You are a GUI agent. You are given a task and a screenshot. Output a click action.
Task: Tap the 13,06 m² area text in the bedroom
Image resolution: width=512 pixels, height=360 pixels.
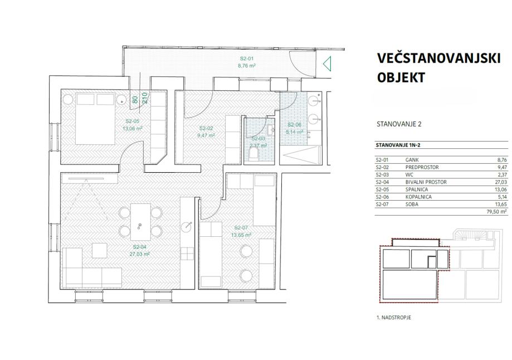click(x=133, y=128)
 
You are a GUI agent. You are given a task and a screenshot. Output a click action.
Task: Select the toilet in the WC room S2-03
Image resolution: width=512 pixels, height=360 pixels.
click(x=253, y=154)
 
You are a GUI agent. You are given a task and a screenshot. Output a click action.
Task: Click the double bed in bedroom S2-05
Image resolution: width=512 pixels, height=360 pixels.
click(x=95, y=119)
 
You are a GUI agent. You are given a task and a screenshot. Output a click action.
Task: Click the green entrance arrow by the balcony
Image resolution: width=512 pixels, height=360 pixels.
click(x=327, y=64)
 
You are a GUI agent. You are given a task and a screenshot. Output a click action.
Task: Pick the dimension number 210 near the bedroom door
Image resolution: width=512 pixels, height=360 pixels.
click(x=145, y=98)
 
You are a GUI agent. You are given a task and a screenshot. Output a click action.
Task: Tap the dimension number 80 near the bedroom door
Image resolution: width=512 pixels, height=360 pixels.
click(x=135, y=100)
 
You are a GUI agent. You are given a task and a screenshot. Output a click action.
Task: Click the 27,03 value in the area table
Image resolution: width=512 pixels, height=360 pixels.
click(x=501, y=182)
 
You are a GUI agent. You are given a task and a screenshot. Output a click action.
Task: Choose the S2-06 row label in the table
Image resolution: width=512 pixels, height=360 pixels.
click(x=382, y=197)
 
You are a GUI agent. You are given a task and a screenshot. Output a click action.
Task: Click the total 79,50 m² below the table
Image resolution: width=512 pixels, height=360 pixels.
click(x=496, y=212)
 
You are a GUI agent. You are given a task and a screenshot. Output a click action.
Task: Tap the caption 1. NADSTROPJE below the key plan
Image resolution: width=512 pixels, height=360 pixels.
click(x=394, y=317)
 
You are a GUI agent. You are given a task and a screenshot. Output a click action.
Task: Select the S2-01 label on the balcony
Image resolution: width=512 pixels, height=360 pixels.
click(x=247, y=59)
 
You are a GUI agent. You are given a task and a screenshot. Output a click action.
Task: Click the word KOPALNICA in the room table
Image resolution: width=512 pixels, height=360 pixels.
click(x=418, y=197)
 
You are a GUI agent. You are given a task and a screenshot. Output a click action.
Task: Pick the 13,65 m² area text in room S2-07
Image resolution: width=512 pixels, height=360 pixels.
click(x=241, y=235)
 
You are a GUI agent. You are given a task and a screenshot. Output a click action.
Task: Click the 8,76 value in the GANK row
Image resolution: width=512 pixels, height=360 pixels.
click(x=502, y=160)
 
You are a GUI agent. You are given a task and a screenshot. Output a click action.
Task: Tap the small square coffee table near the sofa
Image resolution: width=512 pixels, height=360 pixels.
click(x=99, y=251)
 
